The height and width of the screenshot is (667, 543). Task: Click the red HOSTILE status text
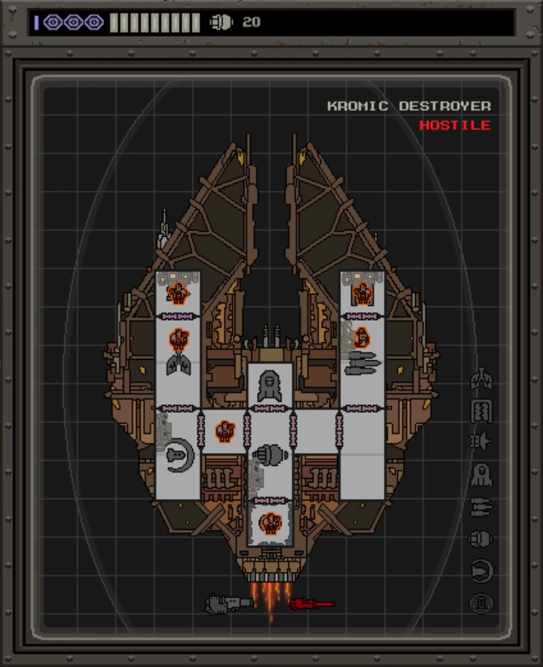pos(454,125)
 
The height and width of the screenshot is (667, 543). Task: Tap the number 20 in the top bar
pos(251,22)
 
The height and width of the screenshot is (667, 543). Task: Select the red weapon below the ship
pos(311,604)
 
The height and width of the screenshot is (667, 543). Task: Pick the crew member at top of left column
pos(178,293)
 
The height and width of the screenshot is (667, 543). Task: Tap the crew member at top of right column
pos(362,294)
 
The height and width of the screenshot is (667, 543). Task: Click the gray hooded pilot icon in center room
pos(270,386)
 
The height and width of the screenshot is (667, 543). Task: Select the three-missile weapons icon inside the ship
pos(362,364)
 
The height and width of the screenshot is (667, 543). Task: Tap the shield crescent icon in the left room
pos(179,454)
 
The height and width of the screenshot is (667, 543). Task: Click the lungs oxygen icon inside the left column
pos(178,365)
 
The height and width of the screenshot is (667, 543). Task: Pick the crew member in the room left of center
pos(225,432)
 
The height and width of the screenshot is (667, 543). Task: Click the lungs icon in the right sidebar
pos(482,379)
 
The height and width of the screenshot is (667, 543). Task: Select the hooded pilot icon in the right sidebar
pos(482,474)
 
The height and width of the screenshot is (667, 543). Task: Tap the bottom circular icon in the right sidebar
pos(482,604)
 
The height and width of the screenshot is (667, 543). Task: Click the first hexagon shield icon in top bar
pos(53,22)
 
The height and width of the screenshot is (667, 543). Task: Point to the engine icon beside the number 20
pos(221,22)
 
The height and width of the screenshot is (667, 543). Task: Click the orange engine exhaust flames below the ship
pos(270,597)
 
